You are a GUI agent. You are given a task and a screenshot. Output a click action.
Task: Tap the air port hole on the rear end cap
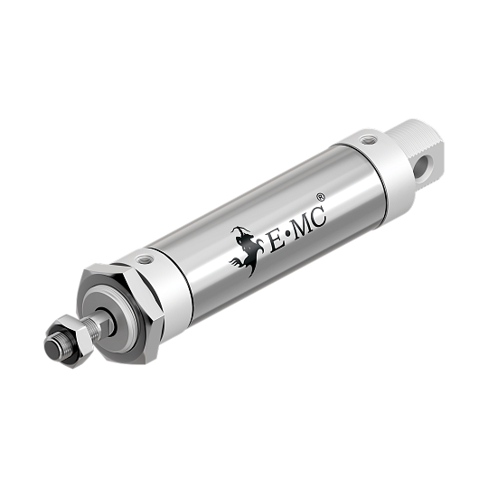click(x=366, y=142)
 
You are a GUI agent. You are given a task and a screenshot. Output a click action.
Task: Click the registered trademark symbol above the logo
click(x=320, y=194)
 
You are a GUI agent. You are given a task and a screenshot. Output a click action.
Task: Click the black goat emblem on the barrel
click(x=247, y=249)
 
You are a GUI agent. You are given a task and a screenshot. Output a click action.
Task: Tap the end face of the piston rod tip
click(x=53, y=348)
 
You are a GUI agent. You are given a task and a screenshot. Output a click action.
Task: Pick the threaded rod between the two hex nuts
click(x=90, y=326)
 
